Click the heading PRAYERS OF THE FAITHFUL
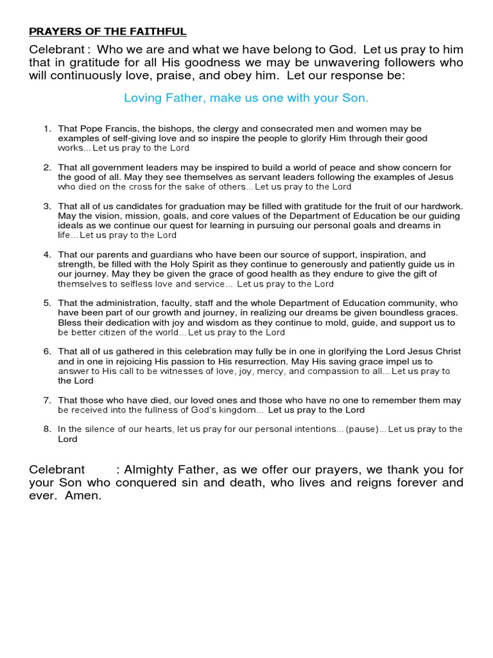[x=108, y=31]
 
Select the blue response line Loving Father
[x=246, y=98]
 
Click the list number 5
[x=47, y=303]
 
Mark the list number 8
[x=47, y=429]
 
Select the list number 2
[x=47, y=167]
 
